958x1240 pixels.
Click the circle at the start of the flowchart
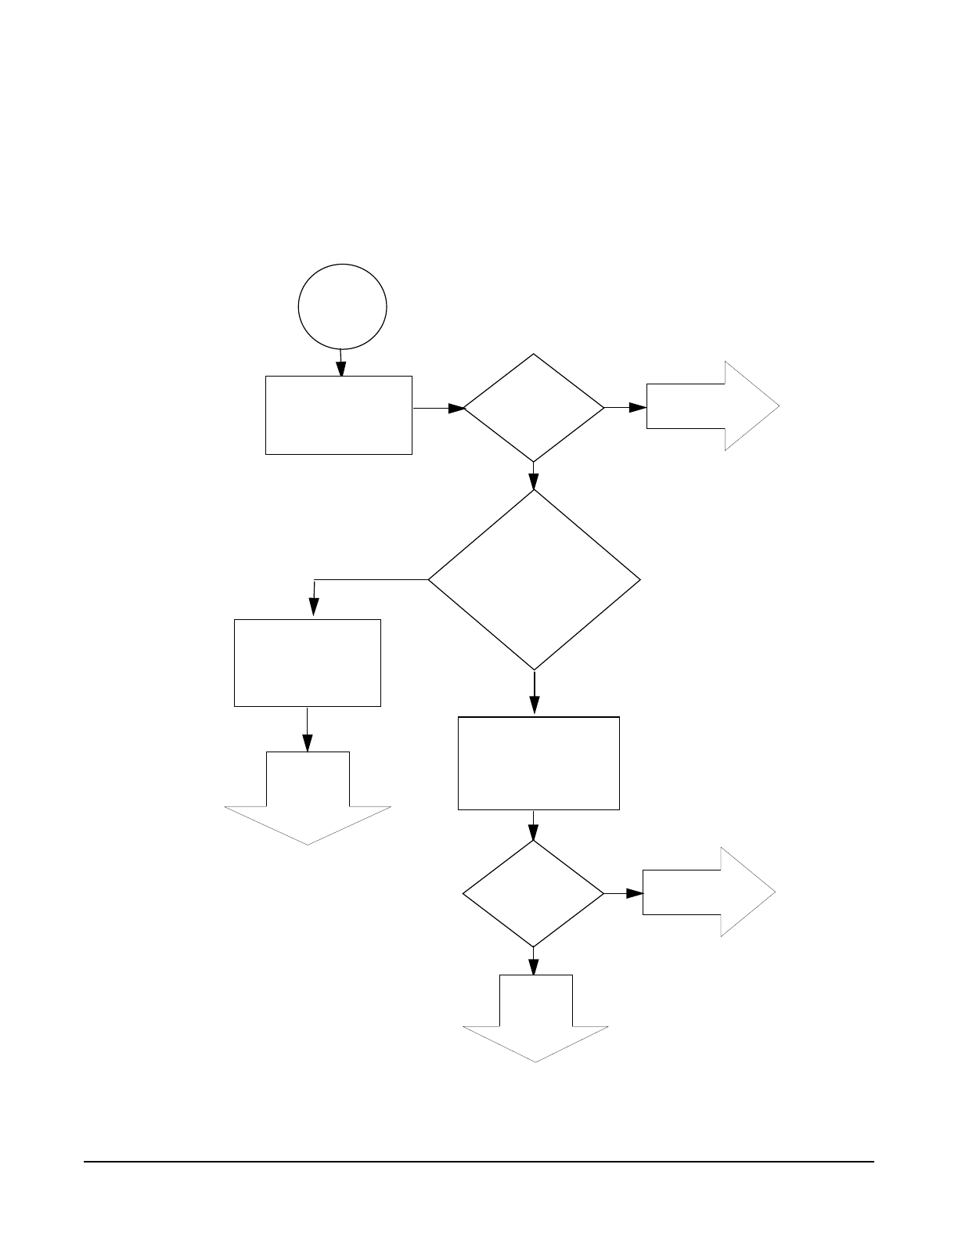[343, 306]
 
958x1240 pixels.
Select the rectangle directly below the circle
[339, 415]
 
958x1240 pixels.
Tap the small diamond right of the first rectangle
[534, 408]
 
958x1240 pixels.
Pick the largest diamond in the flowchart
[534, 580]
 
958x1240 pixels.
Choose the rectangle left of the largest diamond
[308, 663]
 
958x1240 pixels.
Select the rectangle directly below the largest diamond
[538, 763]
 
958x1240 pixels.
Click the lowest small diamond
[534, 893]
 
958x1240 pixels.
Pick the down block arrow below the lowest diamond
[536, 1017]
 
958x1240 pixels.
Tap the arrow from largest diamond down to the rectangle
[535, 694]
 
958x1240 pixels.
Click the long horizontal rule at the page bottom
[479, 1162]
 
